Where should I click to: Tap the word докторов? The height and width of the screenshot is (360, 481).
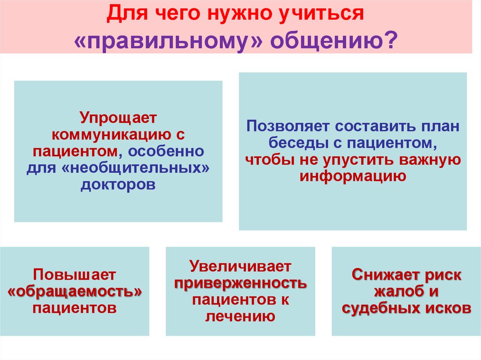(x=117, y=184)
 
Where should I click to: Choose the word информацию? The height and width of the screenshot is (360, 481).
(x=352, y=176)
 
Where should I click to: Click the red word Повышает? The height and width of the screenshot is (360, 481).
(x=75, y=275)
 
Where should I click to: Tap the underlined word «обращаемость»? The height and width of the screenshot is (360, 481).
(x=75, y=291)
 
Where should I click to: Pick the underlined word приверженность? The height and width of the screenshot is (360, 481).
(x=240, y=283)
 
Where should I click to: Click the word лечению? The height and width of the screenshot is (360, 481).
(x=240, y=316)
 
